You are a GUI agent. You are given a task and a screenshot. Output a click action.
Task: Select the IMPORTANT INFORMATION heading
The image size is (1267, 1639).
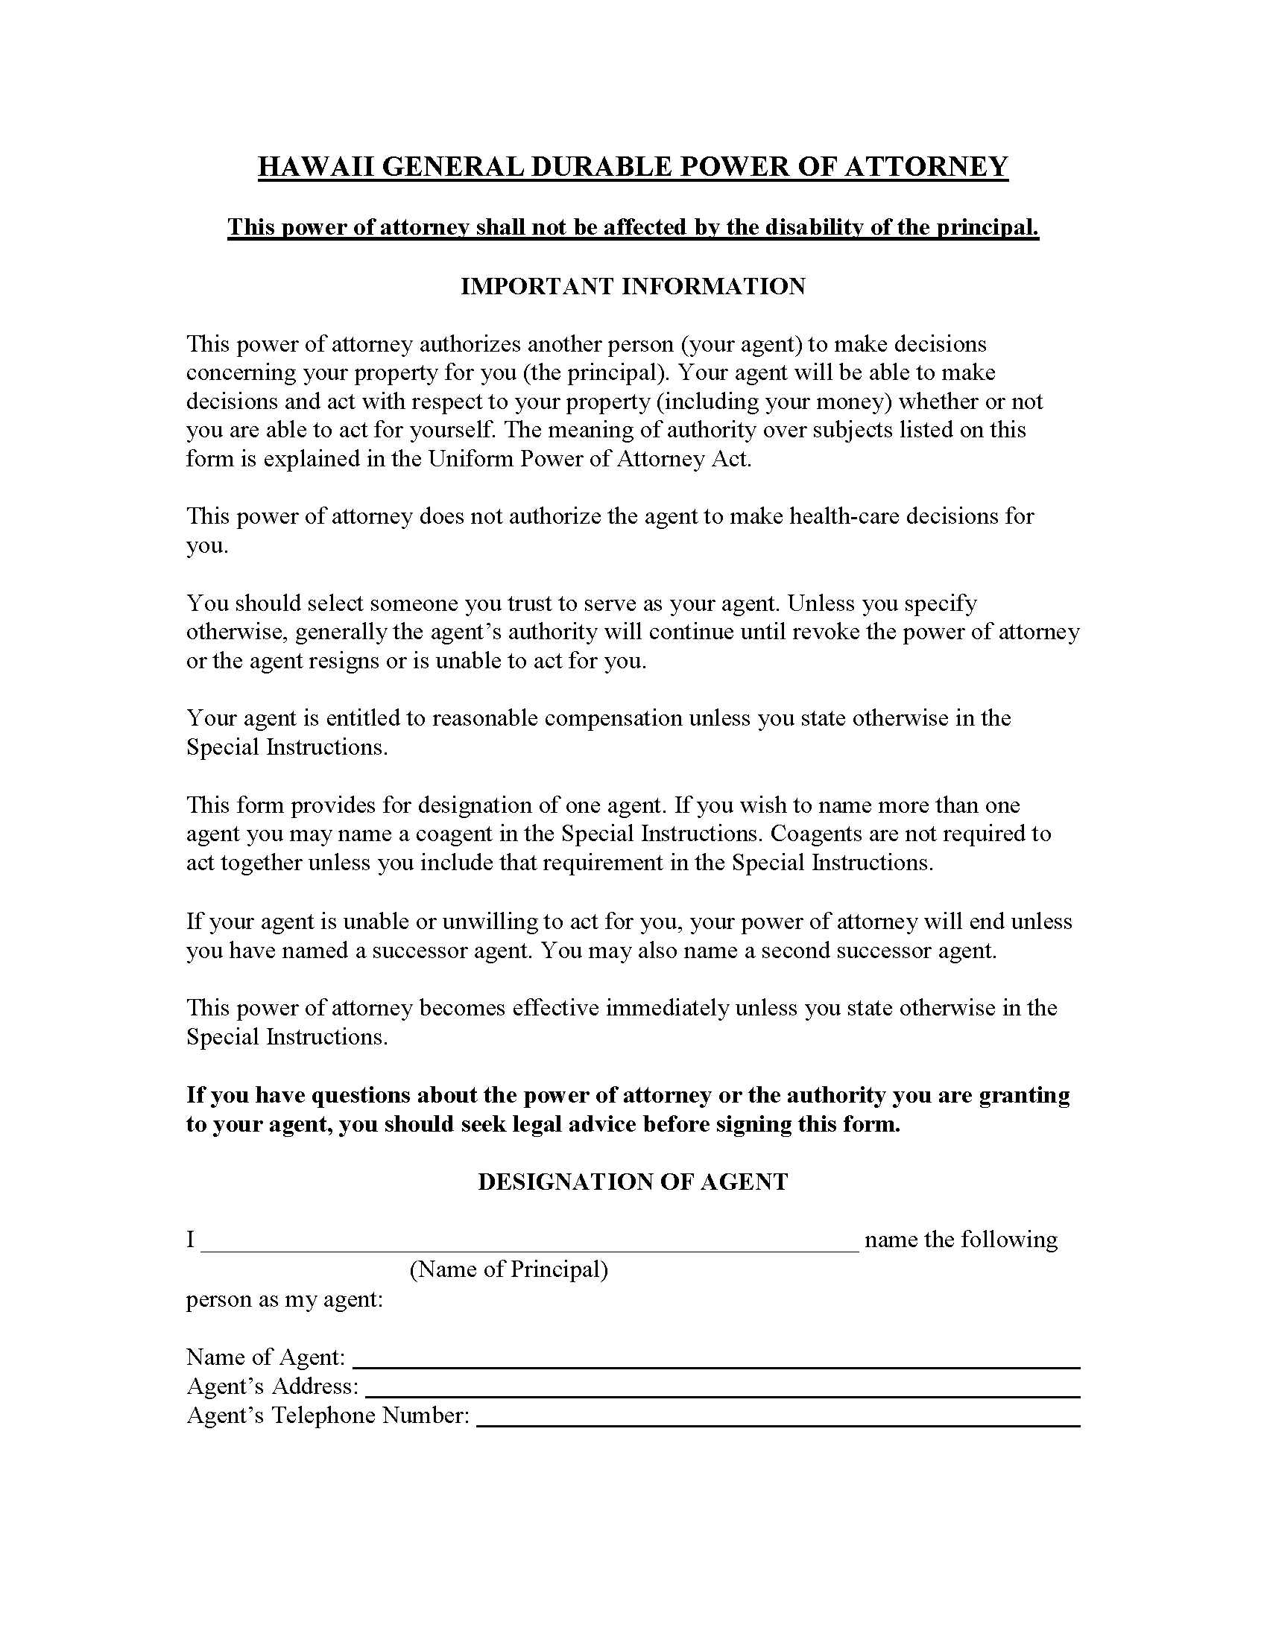click(633, 286)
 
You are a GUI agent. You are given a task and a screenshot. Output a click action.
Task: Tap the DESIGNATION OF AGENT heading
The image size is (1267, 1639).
click(633, 1182)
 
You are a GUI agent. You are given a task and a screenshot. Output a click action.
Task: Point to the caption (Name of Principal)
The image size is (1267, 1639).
click(508, 1269)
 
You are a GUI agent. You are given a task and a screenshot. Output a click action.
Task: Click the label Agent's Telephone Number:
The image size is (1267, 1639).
click(328, 1415)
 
